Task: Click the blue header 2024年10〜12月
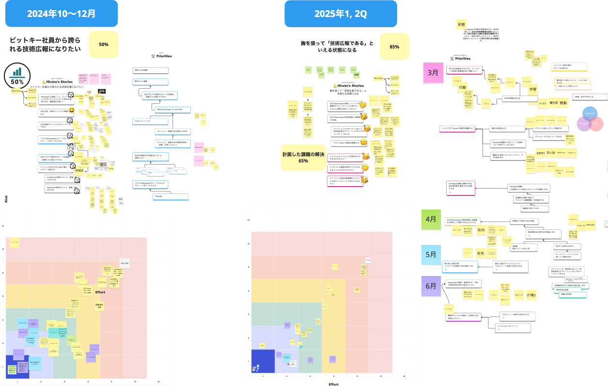click(x=62, y=13)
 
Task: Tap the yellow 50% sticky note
click(x=103, y=44)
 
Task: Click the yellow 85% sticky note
click(x=394, y=47)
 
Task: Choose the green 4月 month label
click(x=431, y=219)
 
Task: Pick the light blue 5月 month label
click(x=431, y=254)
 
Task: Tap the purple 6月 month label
click(x=431, y=286)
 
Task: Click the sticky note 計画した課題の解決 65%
click(x=303, y=157)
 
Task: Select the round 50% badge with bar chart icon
click(x=17, y=77)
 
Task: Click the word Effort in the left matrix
click(x=100, y=292)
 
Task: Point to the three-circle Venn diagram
click(x=592, y=119)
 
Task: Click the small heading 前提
click(x=461, y=24)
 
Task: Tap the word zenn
click(x=541, y=153)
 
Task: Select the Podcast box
click(x=158, y=197)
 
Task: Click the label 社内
click(x=481, y=230)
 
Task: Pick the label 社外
click(x=481, y=253)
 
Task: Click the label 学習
click(x=533, y=89)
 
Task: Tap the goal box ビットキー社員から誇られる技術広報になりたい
click(x=47, y=45)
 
